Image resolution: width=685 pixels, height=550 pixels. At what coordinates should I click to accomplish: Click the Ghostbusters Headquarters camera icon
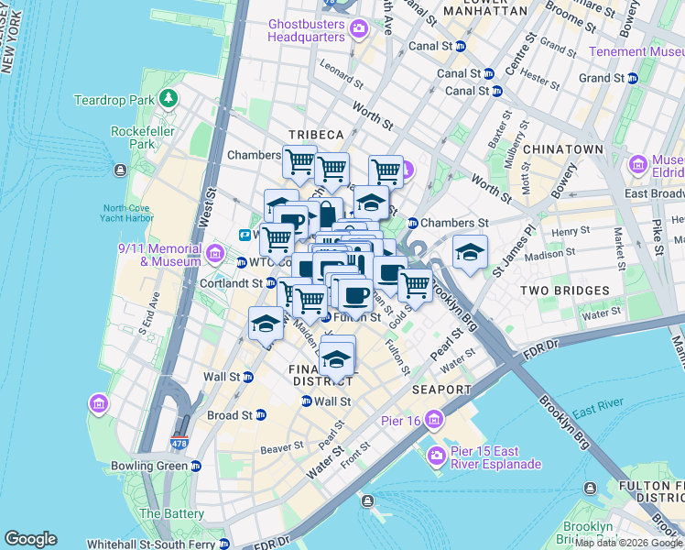358,30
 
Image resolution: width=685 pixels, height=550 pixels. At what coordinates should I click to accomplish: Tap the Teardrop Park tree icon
168,98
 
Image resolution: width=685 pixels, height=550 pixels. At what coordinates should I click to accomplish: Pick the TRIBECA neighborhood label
316,134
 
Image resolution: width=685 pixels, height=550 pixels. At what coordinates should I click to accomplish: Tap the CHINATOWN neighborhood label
562,148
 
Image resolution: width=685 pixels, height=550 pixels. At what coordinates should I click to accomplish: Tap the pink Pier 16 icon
433,420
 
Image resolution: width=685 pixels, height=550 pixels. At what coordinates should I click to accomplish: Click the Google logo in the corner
30,539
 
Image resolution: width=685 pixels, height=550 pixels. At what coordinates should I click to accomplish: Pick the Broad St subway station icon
260,414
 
